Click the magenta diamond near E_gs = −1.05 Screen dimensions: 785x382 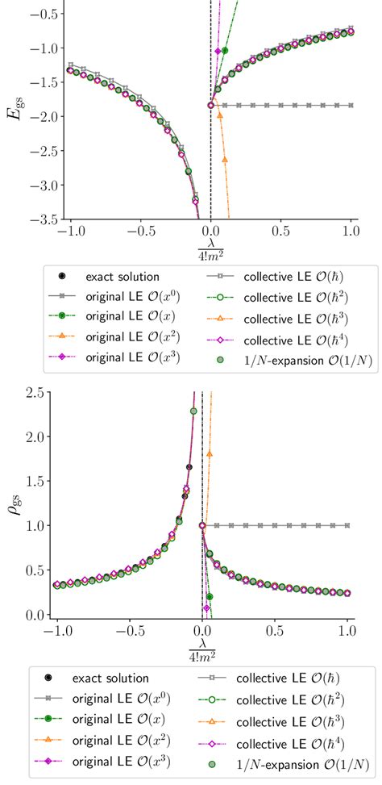click(x=218, y=52)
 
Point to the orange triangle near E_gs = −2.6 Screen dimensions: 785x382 click(x=225, y=159)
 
